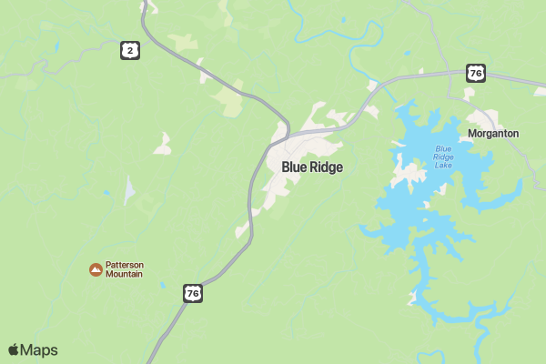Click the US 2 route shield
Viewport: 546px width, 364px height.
(x=131, y=51)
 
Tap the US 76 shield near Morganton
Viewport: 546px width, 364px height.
(x=476, y=73)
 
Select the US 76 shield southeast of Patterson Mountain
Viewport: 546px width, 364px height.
(x=192, y=293)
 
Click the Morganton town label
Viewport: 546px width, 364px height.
(x=493, y=134)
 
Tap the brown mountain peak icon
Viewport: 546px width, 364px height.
(x=95, y=269)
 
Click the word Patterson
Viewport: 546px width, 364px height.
(x=125, y=265)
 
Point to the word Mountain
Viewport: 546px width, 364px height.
(x=125, y=275)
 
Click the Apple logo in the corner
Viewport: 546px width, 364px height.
(x=14, y=350)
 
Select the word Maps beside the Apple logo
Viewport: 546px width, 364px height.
(x=39, y=350)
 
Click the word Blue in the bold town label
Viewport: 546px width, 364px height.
(x=295, y=167)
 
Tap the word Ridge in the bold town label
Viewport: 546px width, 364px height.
(x=327, y=167)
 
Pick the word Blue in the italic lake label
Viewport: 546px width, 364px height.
(x=443, y=148)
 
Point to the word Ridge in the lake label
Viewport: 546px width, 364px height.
(x=443, y=157)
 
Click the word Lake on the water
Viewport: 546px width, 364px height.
(x=443, y=165)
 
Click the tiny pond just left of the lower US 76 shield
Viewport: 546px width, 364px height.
(x=162, y=286)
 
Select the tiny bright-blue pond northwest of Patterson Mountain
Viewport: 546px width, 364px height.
(x=106, y=194)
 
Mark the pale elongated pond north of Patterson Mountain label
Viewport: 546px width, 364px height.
(x=129, y=190)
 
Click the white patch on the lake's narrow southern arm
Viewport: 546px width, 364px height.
(x=414, y=297)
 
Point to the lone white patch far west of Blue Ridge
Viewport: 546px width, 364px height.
(x=163, y=144)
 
